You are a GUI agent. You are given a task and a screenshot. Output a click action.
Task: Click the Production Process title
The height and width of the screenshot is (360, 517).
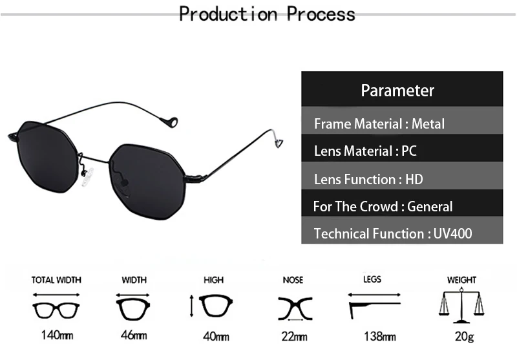pyautogui.click(x=267, y=14)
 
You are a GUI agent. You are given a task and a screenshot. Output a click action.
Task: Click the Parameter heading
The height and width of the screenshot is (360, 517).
pyautogui.click(x=397, y=90)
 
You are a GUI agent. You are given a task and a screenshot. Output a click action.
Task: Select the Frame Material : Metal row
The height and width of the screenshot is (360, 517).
pyautogui.click(x=379, y=123)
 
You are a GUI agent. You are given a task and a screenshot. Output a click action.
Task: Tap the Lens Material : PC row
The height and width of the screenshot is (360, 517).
pyautogui.click(x=365, y=151)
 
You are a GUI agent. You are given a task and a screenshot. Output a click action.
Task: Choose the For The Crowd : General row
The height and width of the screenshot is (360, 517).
pyautogui.click(x=383, y=207)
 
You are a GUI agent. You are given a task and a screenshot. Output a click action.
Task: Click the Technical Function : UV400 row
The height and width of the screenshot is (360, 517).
pyautogui.click(x=392, y=233)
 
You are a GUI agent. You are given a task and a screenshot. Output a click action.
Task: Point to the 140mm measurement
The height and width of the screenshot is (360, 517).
pyautogui.click(x=57, y=335)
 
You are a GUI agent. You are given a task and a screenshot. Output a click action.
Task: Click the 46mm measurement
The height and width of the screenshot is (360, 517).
pyautogui.click(x=134, y=335)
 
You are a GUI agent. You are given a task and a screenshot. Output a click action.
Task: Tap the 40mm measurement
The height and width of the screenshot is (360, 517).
pyautogui.click(x=216, y=335)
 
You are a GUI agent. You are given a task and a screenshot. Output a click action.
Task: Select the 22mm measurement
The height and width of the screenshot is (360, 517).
pyautogui.click(x=294, y=335)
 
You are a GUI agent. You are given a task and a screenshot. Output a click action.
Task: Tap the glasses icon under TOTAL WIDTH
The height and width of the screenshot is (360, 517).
pyautogui.click(x=56, y=308)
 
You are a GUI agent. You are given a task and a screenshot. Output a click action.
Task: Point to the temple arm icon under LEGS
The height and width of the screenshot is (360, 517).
pyautogui.click(x=374, y=307)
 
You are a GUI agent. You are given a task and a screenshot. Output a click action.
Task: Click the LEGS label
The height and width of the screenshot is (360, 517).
pyautogui.click(x=372, y=279)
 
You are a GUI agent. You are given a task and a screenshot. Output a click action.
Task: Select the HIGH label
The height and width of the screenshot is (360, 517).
pyautogui.click(x=214, y=280)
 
